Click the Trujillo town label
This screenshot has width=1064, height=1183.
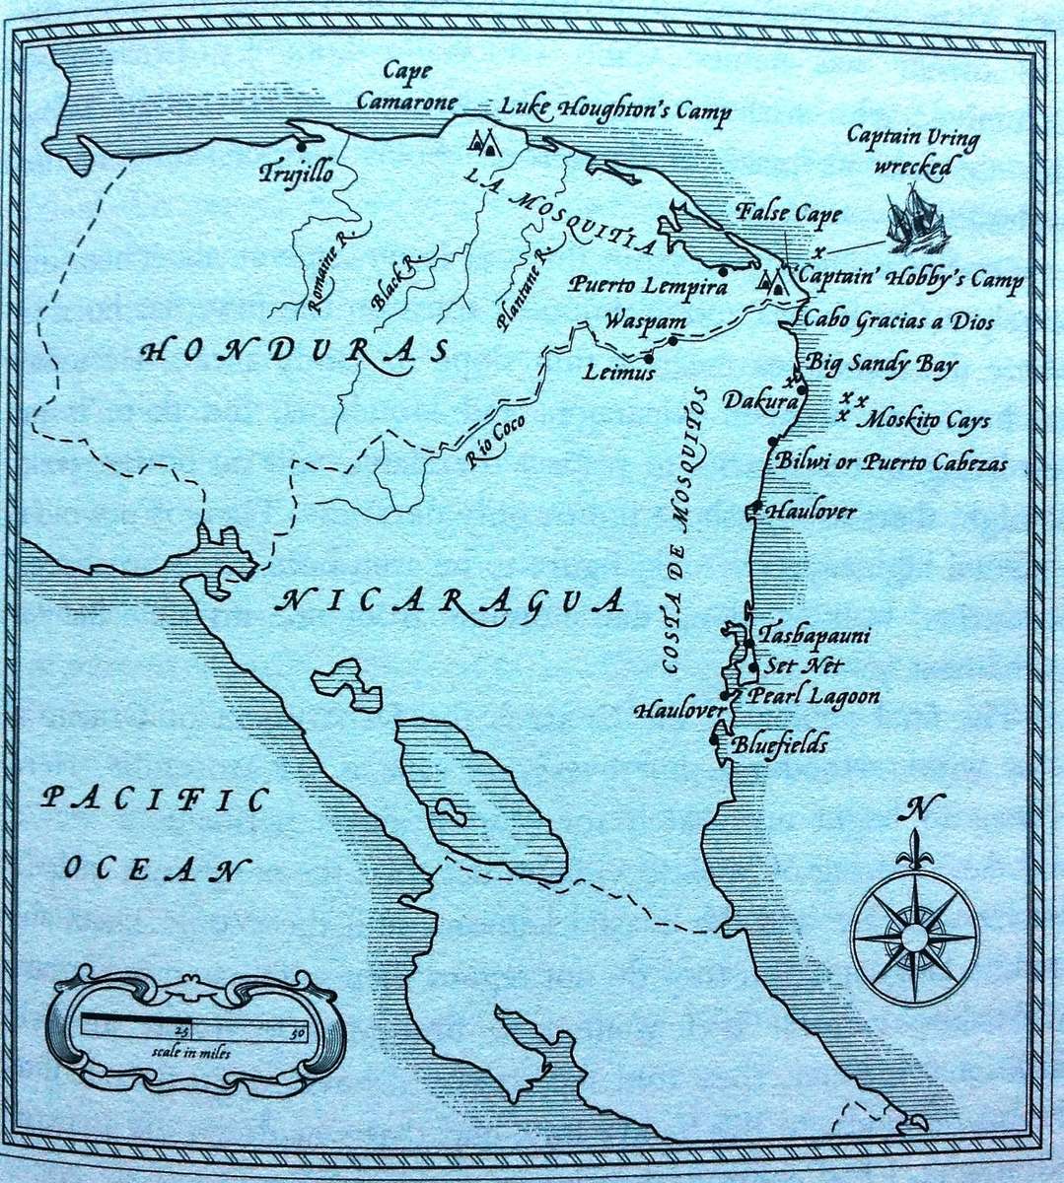pos(296,174)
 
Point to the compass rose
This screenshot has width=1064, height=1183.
pos(915,932)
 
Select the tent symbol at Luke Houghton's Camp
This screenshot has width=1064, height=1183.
pos(481,144)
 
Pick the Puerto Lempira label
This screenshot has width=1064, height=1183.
pos(647,287)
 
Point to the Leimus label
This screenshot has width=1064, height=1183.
pos(619,374)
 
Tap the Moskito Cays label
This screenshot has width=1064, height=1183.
pos(923,421)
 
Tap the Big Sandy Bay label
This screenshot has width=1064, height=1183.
pos(882,364)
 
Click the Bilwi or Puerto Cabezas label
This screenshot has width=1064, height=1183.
pos(891,462)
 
